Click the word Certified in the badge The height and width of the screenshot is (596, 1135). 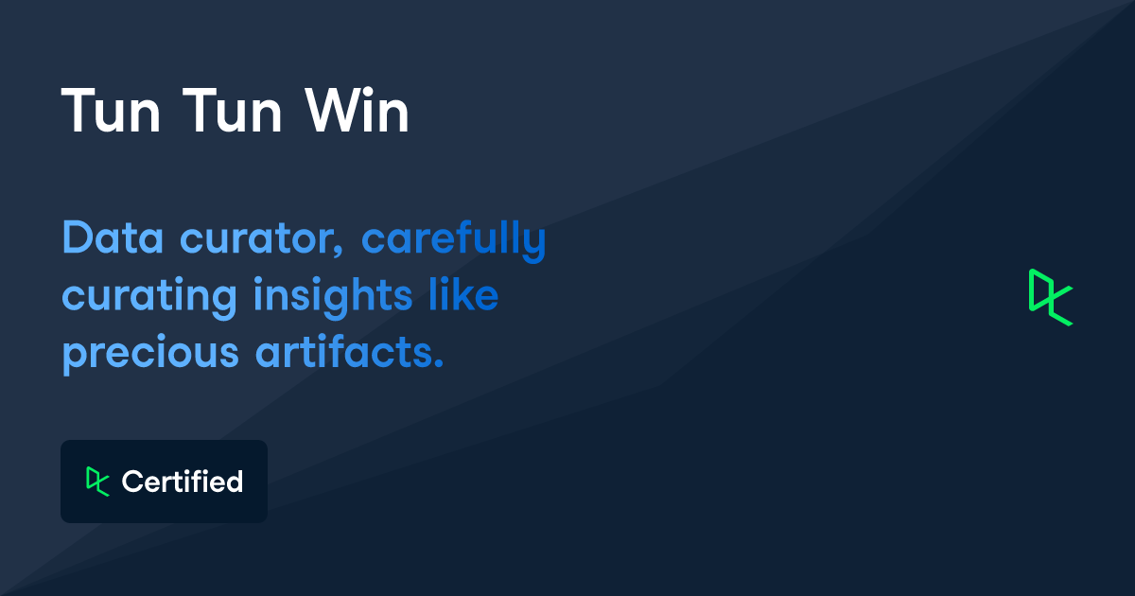click(183, 482)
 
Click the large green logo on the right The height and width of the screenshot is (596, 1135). click(1051, 297)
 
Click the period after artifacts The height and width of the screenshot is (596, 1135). click(438, 364)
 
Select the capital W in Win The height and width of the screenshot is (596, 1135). click(333, 113)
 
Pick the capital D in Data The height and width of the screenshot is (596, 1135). click(77, 239)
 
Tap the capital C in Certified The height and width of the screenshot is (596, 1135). click(132, 482)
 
